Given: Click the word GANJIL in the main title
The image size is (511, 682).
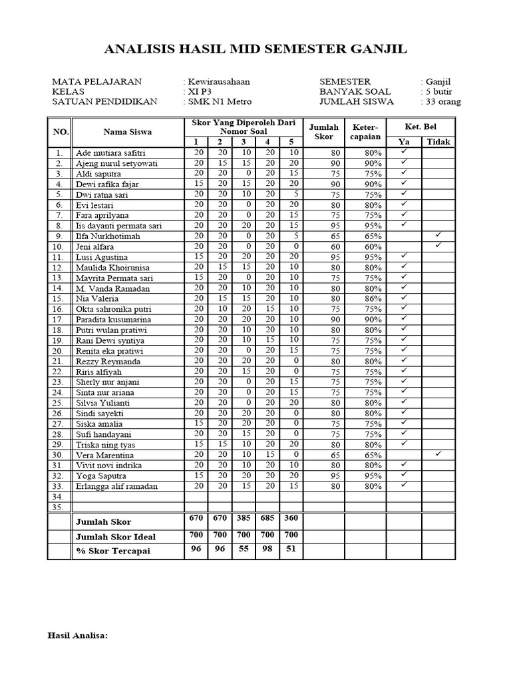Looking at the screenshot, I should click(371, 50).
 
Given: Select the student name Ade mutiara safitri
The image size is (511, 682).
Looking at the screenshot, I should click(109, 153).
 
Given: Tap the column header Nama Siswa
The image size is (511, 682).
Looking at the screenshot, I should click(127, 131).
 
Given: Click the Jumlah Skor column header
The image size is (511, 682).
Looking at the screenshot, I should click(324, 131).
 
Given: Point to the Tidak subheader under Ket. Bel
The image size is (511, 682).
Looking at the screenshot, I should click(438, 142).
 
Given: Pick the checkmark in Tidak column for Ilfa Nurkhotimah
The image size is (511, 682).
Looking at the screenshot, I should click(438, 236).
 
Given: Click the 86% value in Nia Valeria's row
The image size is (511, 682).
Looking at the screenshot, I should click(373, 298).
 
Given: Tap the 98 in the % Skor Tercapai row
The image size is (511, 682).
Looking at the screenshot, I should click(267, 549).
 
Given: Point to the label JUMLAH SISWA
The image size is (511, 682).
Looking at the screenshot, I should click(357, 102).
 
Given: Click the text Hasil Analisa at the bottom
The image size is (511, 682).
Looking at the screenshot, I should click(78, 635).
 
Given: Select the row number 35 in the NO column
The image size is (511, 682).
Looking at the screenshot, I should click(59, 507).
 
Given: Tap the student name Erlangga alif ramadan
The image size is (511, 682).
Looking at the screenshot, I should click(117, 486).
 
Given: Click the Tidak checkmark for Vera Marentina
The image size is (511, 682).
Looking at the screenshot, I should click(438, 454).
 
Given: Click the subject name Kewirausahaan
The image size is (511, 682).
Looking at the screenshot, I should click(219, 81).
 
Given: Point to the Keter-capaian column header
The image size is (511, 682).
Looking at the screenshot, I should click(365, 131).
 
